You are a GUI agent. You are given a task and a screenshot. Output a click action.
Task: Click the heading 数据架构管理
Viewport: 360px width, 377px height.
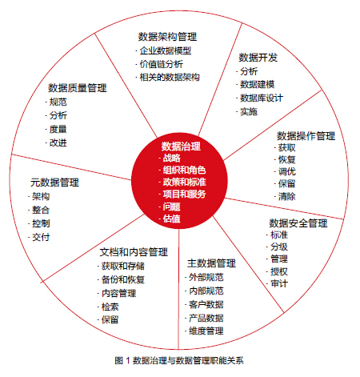pos(167,37)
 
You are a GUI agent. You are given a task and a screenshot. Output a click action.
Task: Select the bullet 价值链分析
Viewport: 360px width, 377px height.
pos(162,64)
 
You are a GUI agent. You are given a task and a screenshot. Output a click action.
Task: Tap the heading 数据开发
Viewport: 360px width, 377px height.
pos(258,58)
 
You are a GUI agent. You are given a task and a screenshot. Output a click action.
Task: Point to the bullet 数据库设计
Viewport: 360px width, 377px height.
pos(262,98)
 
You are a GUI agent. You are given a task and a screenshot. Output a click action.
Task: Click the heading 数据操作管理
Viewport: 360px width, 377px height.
pos(306,136)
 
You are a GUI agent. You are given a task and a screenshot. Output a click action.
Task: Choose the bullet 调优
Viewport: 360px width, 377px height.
pos(287,171)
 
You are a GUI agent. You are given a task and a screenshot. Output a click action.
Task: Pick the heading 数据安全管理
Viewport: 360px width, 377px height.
pos(298,223)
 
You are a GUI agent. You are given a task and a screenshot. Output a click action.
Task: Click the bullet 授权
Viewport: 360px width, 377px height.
pos(279,271)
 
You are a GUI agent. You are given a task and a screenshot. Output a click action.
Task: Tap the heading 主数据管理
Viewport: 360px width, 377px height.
pos(211,263)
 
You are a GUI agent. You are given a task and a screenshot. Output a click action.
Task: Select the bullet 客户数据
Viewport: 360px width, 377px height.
pos(206,304)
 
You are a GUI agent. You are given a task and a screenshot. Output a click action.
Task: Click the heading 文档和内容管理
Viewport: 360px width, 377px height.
pos(134,252)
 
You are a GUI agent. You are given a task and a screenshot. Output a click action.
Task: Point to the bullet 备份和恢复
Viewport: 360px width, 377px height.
pos(123,279)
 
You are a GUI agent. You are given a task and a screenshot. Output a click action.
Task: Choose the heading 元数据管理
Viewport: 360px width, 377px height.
pos(54,182)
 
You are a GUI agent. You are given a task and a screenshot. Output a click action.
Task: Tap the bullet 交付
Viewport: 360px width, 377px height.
pos(41,237)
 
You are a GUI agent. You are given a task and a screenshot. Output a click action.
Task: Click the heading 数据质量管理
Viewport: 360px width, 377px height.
pos(78,88)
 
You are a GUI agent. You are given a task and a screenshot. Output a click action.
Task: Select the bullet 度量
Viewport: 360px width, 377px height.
pos(58,129)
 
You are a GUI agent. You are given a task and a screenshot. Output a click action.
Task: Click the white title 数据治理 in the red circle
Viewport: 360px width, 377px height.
pos(181,146)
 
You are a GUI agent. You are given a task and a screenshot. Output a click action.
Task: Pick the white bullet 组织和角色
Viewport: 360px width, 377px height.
pos(184,170)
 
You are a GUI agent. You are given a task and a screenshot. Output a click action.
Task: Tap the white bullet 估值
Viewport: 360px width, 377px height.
pos(171,219)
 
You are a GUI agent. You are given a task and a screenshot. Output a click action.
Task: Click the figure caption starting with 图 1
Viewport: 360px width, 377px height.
pos(179,361)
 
